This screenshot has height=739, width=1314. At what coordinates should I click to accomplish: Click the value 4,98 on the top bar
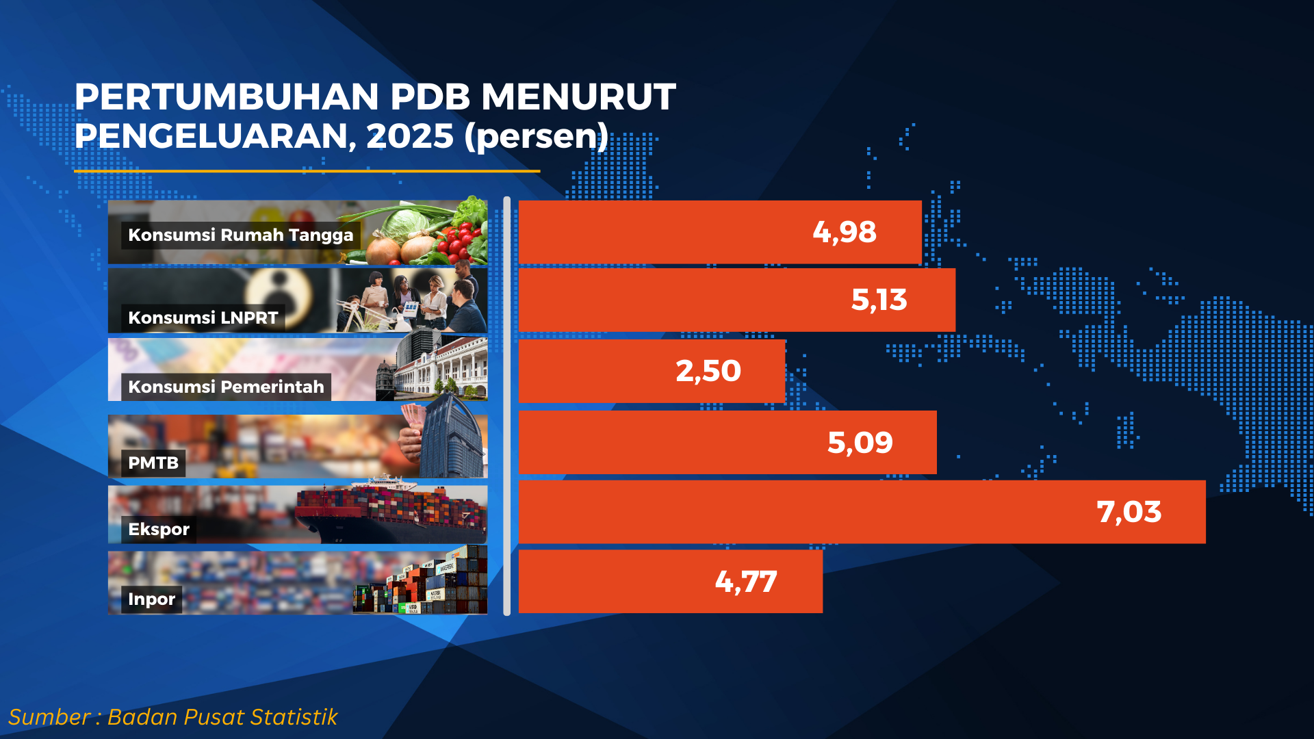click(844, 233)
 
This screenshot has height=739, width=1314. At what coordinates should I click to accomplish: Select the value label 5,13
click(879, 300)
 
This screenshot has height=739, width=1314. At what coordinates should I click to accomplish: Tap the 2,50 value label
click(708, 372)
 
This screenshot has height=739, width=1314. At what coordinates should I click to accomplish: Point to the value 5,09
click(860, 443)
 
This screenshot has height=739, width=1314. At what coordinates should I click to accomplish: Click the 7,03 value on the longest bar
click(1129, 513)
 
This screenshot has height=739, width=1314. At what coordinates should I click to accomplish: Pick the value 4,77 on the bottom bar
click(745, 582)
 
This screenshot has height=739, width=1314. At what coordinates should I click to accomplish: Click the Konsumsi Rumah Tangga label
click(240, 235)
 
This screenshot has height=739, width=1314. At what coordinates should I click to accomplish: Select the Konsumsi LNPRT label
click(203, 318)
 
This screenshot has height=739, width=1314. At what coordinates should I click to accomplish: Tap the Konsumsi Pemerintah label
click(226, 387)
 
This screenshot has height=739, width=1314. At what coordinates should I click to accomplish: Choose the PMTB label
click(153, 463)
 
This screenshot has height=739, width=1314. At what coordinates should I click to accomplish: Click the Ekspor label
click(159, 530)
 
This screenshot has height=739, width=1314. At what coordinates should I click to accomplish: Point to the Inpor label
click(151, 599)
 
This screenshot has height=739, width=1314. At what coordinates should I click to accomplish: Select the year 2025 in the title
click(409, 136)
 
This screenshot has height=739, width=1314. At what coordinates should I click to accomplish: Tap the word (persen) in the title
click(536, 136)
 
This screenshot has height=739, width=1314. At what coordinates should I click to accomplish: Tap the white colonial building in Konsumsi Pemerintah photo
click(445, 369)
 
